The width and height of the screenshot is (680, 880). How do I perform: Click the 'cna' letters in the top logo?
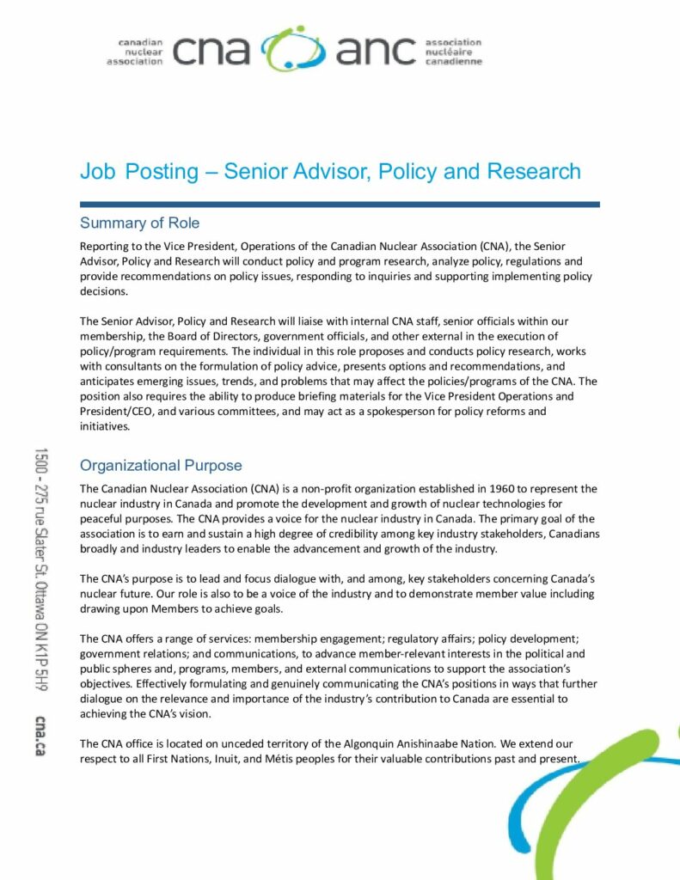pyautogui.click(x=211, y=52)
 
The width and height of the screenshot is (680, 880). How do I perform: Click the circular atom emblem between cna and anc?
pyautogui.click(x=293, y=50)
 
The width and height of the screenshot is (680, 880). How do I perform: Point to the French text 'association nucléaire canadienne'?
pyautogui.click(x=453, y=52)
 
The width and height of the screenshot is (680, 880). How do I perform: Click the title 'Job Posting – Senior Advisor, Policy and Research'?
pyautogui.click(x=330, y=171)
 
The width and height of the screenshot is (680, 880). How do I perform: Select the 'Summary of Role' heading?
pyautogui.click(x=139, y=223)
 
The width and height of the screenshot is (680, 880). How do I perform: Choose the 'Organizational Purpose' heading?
pyautogui.click(x=161, y=466)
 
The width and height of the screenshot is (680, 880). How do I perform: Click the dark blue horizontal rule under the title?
pyautogui.click(x=340, y=205)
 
